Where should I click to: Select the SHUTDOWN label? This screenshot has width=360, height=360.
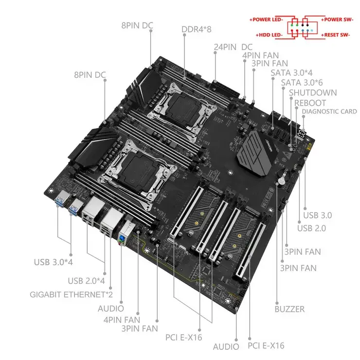tap(312, 92)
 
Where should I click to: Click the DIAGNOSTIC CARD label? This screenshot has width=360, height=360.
tap(329, 111)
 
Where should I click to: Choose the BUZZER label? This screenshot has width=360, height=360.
tap(289, 308)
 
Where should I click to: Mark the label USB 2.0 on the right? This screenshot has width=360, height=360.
tap(312, 228)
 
